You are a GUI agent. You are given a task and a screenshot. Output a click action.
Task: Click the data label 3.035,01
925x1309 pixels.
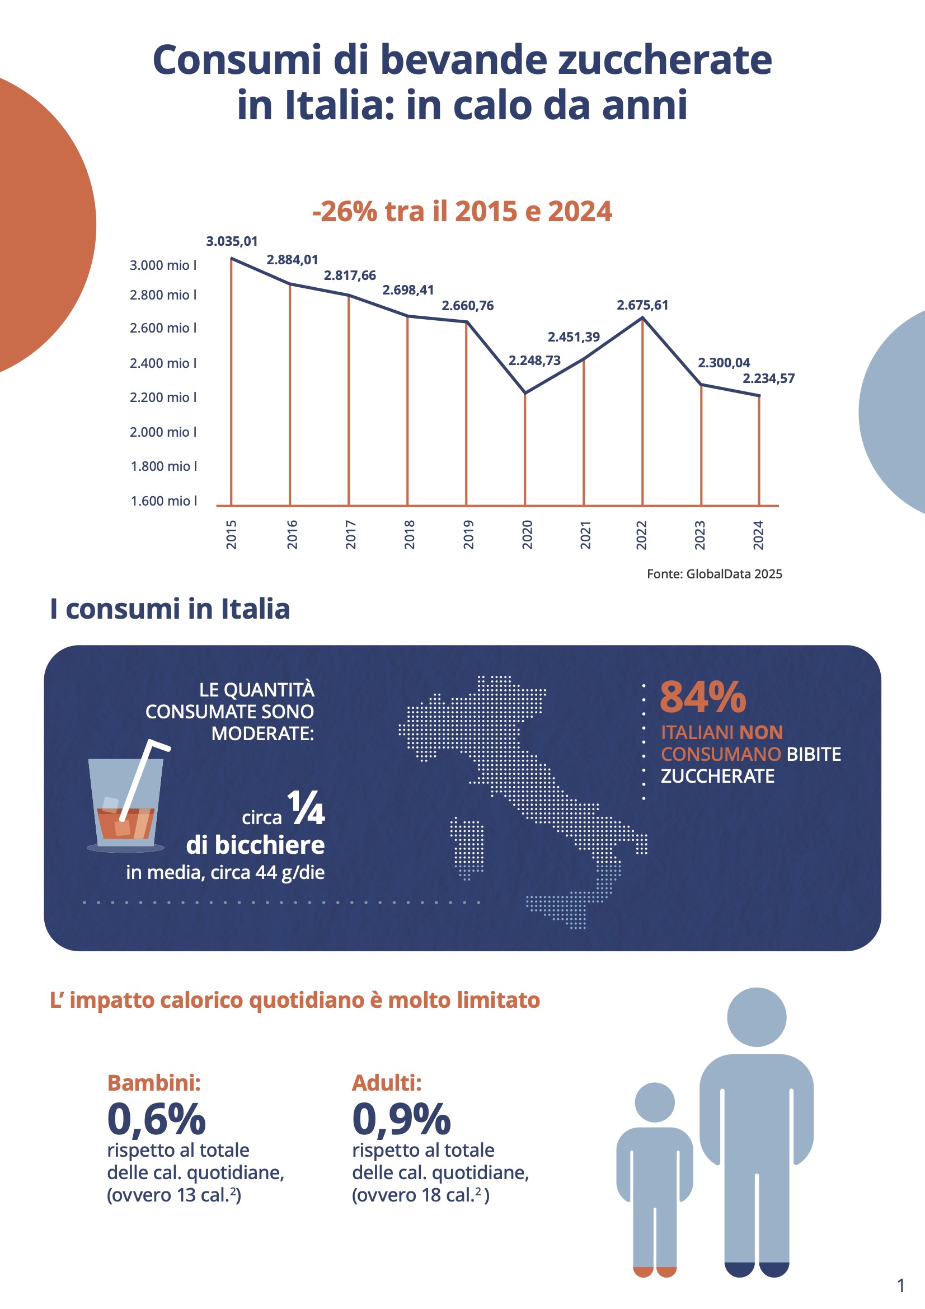coord(232,241)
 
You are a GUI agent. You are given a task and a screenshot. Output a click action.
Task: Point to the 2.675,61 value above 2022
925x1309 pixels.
coord(642,305)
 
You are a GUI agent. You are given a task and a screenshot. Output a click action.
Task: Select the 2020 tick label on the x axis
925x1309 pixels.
coord(527,534)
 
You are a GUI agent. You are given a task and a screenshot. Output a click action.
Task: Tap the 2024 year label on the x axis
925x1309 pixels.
coord(758,534)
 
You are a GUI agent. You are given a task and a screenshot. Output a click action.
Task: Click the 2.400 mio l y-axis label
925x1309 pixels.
coord(163,363)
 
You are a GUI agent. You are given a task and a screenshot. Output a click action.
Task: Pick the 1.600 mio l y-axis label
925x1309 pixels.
coord(163,501)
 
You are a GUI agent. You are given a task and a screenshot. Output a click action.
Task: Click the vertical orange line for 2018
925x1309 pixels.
coord(407,410)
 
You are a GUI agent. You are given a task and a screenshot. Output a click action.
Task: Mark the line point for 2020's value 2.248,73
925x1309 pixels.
coord(525,394)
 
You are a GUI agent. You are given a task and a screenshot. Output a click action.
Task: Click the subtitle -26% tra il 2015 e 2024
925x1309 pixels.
coord(462,212)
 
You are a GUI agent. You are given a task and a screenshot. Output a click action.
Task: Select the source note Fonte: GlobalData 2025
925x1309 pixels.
coord(714,574)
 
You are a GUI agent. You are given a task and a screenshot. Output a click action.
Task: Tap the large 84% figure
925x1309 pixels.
coord(703,696)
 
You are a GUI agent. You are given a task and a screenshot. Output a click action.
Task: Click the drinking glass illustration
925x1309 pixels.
coord(125,804)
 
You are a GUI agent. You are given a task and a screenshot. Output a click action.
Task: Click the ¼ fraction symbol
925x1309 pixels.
coord(306,808)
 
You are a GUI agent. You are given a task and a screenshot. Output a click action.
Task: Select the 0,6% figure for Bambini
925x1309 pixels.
coord(156,1119)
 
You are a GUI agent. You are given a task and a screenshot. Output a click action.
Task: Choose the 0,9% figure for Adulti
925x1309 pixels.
coord(401,1119)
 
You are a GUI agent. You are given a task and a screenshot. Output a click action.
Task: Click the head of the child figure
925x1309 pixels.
coord(654,1102)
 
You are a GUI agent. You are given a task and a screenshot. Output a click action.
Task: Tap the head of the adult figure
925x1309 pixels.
coord(757,1017)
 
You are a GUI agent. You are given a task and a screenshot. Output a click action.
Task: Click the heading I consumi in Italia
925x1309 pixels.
coord(170,609)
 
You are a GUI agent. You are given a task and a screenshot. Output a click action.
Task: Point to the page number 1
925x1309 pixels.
coord(901,1285)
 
